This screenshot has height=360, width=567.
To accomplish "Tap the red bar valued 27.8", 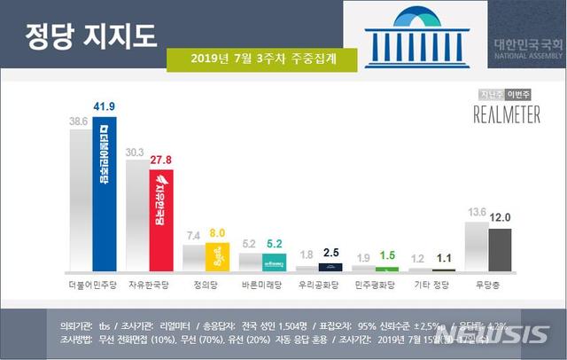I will tap(161, 222).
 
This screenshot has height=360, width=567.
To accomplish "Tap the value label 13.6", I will tap(476, 212).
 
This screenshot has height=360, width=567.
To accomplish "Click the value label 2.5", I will tap(331, 254).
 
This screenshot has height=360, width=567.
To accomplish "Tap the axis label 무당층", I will tap(488, 287).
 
